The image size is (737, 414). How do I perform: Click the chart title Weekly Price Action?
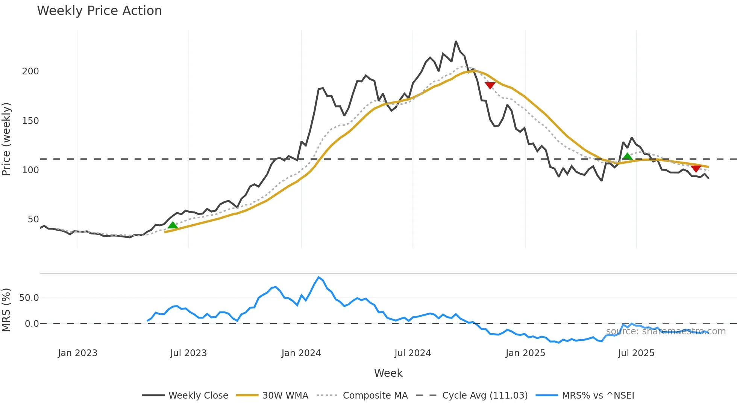[99, 11]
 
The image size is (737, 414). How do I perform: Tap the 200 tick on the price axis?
[30, 71]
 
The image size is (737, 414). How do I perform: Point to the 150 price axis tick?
[30, 121]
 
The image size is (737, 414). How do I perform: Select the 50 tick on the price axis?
[33, 219]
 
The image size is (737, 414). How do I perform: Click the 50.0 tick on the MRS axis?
[29, 298]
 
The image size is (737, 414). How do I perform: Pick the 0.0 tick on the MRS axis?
[32, 324]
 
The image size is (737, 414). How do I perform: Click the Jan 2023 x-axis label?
[77, 353]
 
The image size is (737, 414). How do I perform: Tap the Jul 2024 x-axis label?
[412, 353]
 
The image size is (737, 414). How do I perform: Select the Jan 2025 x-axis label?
[525, 353]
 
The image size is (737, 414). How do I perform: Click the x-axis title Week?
[388, 373]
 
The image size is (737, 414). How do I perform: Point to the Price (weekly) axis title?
[6, 139]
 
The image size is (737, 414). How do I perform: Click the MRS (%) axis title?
[6, 310]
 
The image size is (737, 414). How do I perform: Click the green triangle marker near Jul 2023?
[173, 225]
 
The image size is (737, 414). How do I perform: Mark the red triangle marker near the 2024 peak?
[490, 85]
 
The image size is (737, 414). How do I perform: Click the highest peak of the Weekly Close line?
[456, 41]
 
